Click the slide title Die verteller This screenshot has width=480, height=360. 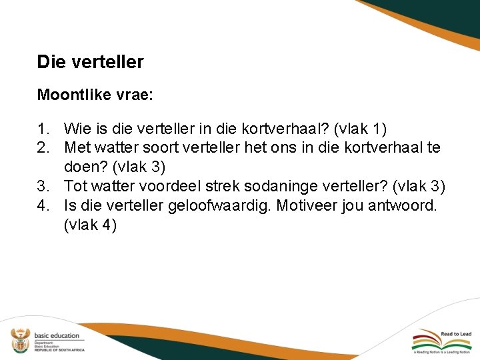click(x=90, y=63)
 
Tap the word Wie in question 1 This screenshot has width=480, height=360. click(x=76, y=128)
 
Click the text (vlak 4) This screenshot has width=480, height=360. click(x=90, y=225)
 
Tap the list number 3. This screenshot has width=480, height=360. click(x=43, y=186)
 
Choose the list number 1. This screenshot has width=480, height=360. click(x=43, y=128)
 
